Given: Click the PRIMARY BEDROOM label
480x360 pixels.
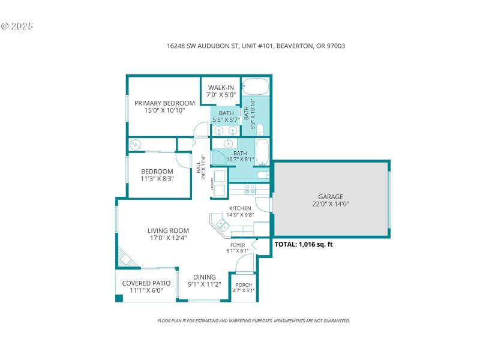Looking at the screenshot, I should (x=164, y=103).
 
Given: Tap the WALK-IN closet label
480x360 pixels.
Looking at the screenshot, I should (x=221, y=88).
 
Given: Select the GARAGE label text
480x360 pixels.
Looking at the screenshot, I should (x=331, y=196).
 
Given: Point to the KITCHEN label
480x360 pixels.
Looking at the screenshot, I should (x=240, y=208).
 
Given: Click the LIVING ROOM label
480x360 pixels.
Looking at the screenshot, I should (x=168, y=230).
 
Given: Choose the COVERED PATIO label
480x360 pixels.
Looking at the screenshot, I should (x=146, y=283).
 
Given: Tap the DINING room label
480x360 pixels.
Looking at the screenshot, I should (x=204, y=277).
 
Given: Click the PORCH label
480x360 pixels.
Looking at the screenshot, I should (x=244, y=285).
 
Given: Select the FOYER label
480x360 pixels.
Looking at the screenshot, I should (x=238, y=245).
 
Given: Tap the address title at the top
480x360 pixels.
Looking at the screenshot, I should (x=256, y=46).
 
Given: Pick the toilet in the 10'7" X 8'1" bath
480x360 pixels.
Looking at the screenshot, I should (x=262, y=175).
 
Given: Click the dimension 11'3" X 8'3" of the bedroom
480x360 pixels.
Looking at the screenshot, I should (x=157, y=178).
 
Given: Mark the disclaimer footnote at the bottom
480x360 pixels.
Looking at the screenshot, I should (x=253, y=321).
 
